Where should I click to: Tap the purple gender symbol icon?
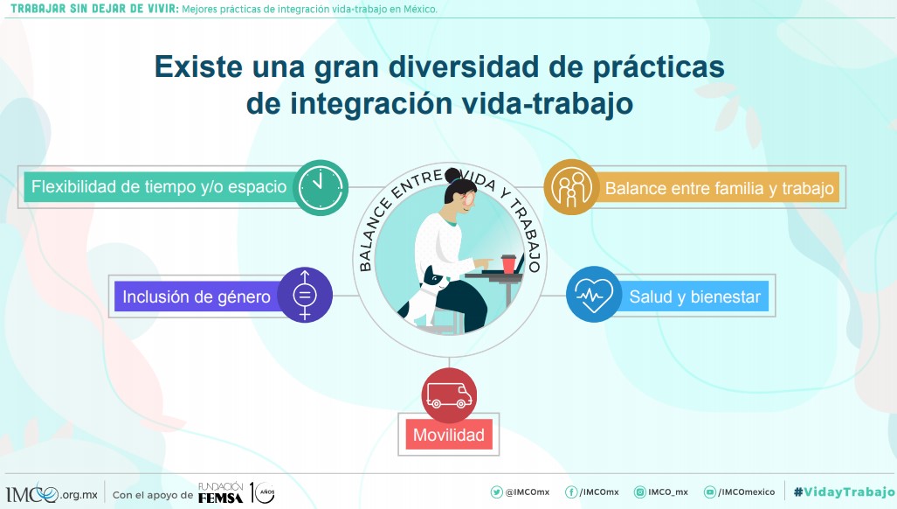coord(305,295)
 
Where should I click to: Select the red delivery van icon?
coord(449,396)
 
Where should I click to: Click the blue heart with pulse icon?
coord(593,296)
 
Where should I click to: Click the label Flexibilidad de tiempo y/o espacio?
coord(159,187)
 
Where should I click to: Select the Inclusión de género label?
coord(197,296)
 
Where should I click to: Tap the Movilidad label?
coord(449,435)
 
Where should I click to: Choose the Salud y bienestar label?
coord(694,297)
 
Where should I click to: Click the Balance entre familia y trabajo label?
coord(719,188)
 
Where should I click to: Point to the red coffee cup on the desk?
coord(508,262)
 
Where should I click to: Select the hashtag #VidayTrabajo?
coord(844,492)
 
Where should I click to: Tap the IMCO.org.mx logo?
coord(51,493)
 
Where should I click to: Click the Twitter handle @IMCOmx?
coord(520,492)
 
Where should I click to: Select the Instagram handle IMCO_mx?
coord(661,492)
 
